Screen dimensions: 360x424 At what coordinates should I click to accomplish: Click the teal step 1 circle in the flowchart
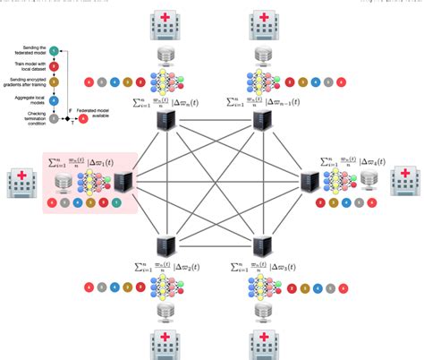click(54, 52)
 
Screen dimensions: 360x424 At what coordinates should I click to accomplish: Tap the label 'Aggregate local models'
click(27, 101)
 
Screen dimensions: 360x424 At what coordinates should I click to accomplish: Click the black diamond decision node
click(64, 118)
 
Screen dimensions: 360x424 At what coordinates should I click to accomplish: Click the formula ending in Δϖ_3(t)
click(264, 269)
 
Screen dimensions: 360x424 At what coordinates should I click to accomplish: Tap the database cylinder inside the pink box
click(62, 185)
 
